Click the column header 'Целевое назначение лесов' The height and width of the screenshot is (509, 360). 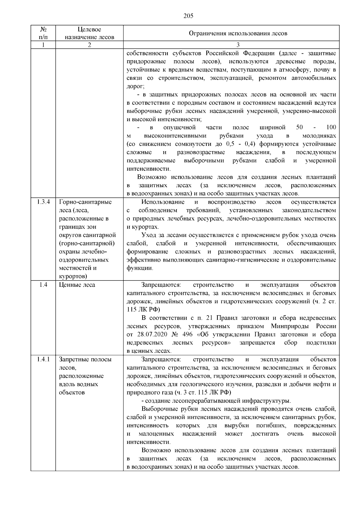pyautogui.click(x=89, y=33)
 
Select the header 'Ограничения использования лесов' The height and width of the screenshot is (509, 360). pyautogui.click(x=238, y=33)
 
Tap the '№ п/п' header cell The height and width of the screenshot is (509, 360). pyautogui.click(x=43, y=33)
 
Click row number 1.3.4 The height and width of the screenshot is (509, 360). pyautogui.click(x=43, y=202)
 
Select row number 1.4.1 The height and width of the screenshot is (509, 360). pyautogui.click(x=43, y=359)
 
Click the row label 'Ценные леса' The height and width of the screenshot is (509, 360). pyautogui.click(x=77, y=285)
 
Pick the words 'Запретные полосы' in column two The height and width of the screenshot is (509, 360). pyautogui.click(x=85, y=359)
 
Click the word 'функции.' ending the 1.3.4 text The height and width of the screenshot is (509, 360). pyautogui.click(x=140, y=268)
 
